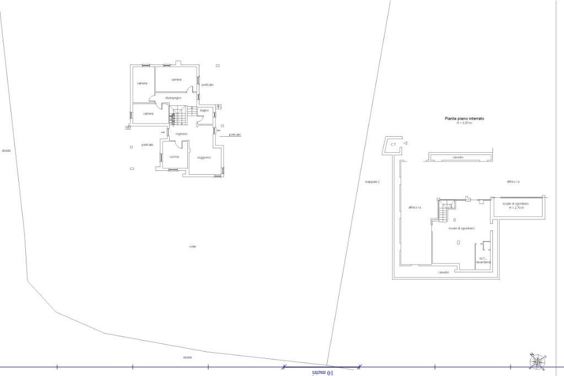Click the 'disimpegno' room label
click(173, 98)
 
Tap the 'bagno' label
click(204, 111)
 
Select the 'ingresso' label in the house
click(182, 134)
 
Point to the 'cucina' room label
click(174, 157)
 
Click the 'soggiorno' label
click(204, 158)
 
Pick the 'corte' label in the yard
click(192, 246)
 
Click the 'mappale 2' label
click(372, 181)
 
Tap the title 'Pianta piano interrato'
click(464, 119)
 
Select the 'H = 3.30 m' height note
click(464, 123)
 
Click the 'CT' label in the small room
click(393, 144)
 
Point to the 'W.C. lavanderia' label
click(485, 260)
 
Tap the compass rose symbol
click(536, 361)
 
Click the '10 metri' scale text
click(323, 373)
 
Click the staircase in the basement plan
click(445, 210)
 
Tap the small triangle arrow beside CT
click(405, 143)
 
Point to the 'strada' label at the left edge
click(6, 151)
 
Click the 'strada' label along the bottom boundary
click(187, 357)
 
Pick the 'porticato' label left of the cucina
click(147, 144)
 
